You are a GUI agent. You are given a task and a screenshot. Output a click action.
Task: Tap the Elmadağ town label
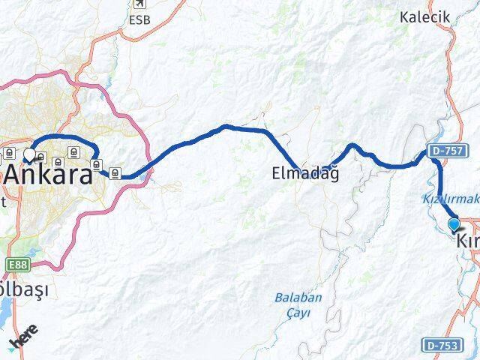(x=305, y=174)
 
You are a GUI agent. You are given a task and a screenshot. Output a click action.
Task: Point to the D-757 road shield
(x=445, y=151)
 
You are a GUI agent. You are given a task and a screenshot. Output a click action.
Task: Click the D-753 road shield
(x=442, y=345)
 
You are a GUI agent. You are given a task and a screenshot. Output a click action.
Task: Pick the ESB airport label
(x=139, y=19)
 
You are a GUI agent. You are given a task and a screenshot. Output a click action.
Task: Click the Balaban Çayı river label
(x=298, y=304)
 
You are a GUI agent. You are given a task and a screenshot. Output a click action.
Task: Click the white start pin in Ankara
(x=29, y=154)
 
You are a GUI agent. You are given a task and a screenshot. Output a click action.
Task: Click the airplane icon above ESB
(x=139, y=4)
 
